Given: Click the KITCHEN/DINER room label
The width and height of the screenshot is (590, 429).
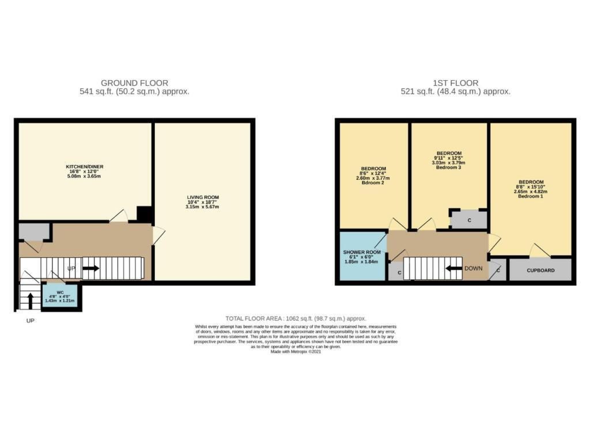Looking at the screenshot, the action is pos(85,167).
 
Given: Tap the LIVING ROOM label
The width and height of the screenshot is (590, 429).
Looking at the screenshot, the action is pos(203,197).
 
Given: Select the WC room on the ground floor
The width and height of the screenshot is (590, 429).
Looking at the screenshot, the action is pos(60,296).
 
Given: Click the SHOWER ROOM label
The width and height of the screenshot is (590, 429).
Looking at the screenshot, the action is pos(362,252).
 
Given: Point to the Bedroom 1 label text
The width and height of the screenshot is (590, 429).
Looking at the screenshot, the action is pos(531,196).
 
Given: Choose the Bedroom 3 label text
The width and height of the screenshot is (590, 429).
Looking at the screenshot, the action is pos(449,167).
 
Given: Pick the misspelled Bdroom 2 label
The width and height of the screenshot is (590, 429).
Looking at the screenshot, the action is pos(373,183).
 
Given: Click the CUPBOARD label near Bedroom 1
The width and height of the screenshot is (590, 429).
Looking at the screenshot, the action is pos(540,270).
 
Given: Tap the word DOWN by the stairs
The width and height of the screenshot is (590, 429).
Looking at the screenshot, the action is pos(474,269).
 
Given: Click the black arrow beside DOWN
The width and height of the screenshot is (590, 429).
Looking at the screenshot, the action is pos(454,269).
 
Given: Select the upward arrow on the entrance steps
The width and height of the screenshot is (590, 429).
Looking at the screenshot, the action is pos(31,300).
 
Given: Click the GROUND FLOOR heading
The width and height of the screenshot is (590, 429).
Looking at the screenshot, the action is pos(134,83).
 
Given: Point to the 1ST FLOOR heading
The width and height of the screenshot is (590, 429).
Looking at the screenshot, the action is pos(455,83).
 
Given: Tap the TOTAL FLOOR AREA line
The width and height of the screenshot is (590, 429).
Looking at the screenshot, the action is pos(296,318).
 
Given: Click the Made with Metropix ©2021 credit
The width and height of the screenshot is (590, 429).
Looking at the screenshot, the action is pos(296,352).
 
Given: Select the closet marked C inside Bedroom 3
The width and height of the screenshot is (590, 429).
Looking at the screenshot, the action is pos(469,220).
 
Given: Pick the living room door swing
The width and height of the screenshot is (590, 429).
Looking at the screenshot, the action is pos(159,235).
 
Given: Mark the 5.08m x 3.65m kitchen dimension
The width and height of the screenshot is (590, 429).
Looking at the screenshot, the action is pos(85,176).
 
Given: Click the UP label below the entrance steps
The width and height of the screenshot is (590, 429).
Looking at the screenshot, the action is pos(31,321).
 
